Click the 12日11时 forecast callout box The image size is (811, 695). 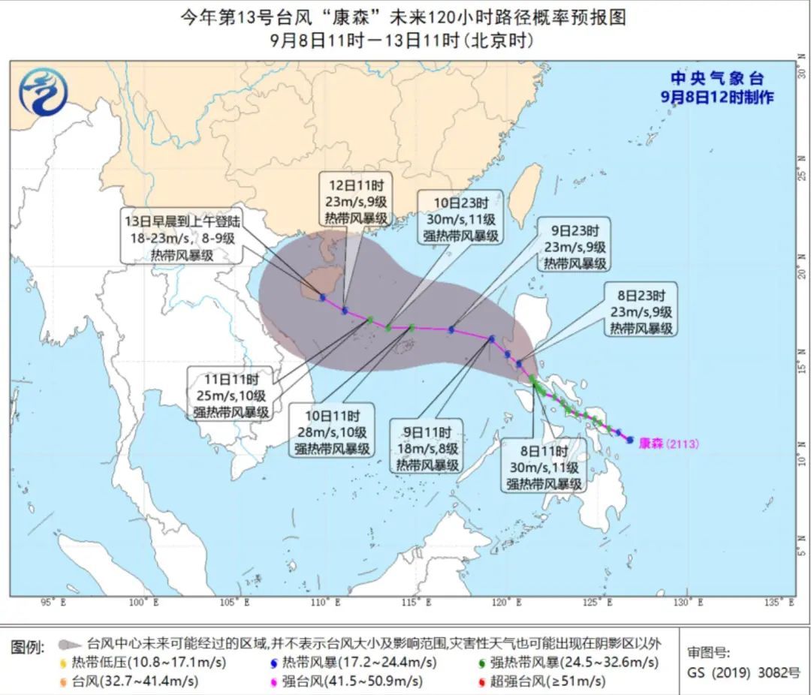click(x=357, y=200)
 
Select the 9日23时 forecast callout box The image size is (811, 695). click(x=573, y=245)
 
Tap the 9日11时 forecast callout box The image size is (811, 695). click(x=427, y=449)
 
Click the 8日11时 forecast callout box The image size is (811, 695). click(x=544, y=465)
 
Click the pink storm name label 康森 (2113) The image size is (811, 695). click(x=668, y=444)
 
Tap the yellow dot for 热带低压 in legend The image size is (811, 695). click(x=62, y=663)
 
